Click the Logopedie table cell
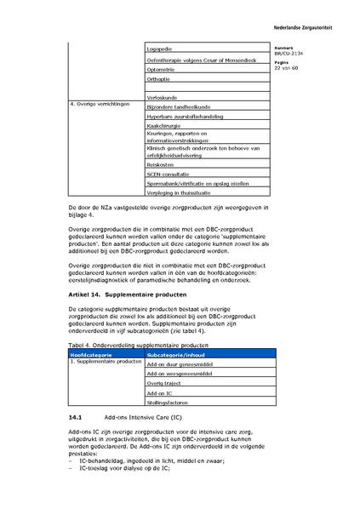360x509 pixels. (x=162, y=49)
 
